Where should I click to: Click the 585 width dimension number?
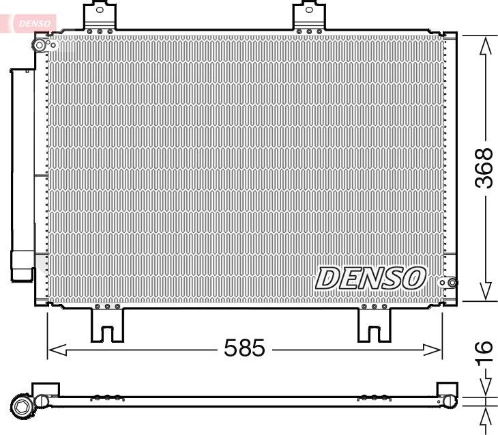point(244,349)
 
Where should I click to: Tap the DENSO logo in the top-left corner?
point(31,23)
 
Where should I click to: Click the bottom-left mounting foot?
point(108,324)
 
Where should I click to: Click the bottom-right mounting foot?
point(374,324)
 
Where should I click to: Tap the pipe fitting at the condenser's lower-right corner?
point(449,283)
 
